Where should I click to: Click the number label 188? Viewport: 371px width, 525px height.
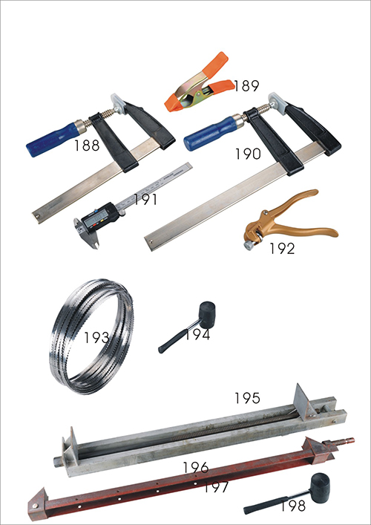click(x=87, y=146)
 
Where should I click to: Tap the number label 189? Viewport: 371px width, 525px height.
click(x=246, y=86)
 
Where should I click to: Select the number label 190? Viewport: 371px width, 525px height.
click(x=248, y=154)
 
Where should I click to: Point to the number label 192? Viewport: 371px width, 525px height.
click(x=283, y=249)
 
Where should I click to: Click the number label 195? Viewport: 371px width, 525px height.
click(x=247, y=398)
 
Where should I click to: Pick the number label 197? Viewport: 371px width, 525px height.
click(x=216, y=487)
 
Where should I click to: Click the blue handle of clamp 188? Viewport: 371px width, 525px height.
click(x=53, y=140)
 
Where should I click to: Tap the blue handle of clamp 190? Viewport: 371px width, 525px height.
click(x=210, y=134)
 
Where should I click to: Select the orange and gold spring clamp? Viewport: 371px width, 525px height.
click(x=200, y=82)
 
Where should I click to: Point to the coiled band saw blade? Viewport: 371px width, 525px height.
click(x=92, y=336)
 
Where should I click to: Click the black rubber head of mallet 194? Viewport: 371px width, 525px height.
click(x=207, y=310)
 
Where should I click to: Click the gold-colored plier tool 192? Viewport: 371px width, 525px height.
click(x=288, y=221)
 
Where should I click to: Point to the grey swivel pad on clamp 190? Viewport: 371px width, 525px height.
click(x=276, y=103)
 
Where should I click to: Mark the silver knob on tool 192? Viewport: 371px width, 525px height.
click(x=249, y=245)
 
